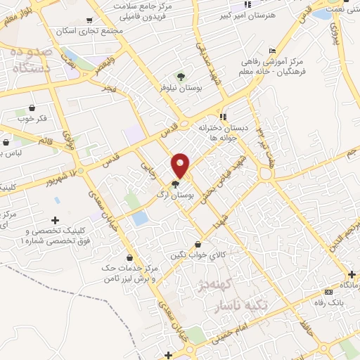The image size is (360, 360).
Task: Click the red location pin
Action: pos(181,165)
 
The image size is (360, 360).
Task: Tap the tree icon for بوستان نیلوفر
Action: pos(181,78)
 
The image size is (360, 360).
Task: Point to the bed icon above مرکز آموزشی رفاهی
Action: pos(272,51)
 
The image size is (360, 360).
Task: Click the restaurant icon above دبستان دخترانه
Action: pos(222,117)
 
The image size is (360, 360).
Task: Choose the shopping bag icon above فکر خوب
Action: pos(32,108)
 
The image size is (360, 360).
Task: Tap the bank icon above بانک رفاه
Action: pos(328,292)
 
